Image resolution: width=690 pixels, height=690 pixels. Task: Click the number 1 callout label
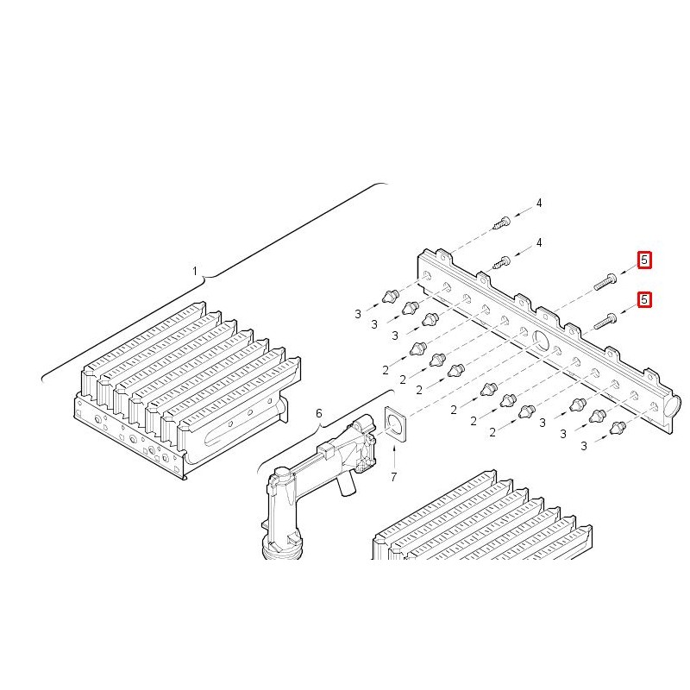pyautogui.click(x=195, y=271)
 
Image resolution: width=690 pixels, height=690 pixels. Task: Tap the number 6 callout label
pyautogui.click(x=318, y=413)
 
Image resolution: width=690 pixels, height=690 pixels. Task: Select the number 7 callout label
pyautogui.click(x=394, y=477)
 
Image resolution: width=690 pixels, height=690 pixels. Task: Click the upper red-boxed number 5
pyautogui.click(x=644, y=260)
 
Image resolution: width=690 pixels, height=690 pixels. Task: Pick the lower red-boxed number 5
pyautogui.click(x=644, y=299)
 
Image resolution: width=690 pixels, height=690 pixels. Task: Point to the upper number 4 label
pyautogui.click(x=539, y=203)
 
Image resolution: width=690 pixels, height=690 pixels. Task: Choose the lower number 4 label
pyautogui.click(x=539, y=242)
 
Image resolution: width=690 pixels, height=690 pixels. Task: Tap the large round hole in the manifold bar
pyautogui.click(x=540, y=340)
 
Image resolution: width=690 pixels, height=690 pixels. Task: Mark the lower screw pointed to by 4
pyautogui.click(x=502, y=263)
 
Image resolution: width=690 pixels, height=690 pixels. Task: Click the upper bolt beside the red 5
pyautogui.click(x=605, y=282)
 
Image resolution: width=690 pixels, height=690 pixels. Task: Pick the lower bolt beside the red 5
pyautogui.click(x=605, y=321)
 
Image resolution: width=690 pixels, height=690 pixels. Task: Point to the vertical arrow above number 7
pyautogui.click(x=394, y=458)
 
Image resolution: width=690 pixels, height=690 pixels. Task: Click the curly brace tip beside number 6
pyautogui.click(x=319, y=425)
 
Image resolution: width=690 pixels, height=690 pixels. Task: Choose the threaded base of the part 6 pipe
pyautogui.click(x=282, y=551)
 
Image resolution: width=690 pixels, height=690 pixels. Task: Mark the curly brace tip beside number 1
pyautogui.click(x=204, y=277)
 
